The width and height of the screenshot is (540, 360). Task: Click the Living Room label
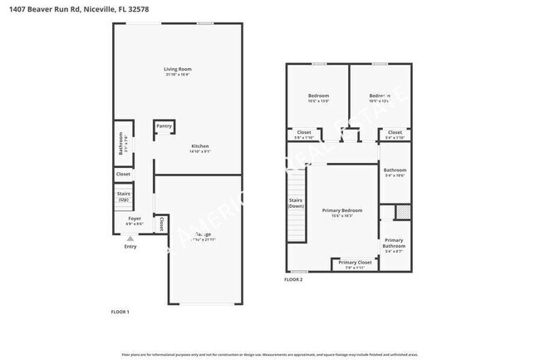point(177,69)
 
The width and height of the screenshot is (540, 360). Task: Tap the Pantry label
point(164,126)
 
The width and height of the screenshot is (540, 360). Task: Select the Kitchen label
point(200,145)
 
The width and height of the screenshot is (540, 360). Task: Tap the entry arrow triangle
point(130,239)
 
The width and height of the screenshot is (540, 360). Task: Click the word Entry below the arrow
point(130,246)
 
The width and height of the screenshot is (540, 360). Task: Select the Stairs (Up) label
point(124,197)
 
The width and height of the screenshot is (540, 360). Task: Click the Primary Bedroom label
point(342,210)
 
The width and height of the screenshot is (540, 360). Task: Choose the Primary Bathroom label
point(394,243)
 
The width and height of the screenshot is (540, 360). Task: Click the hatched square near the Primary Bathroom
point(402,211)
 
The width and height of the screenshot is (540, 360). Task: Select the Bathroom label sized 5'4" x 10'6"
point(394,170)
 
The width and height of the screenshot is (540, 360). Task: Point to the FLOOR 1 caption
point(120,312)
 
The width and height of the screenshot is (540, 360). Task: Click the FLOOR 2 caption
point(293,279)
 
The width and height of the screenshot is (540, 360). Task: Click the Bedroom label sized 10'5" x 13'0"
point(318,96)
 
